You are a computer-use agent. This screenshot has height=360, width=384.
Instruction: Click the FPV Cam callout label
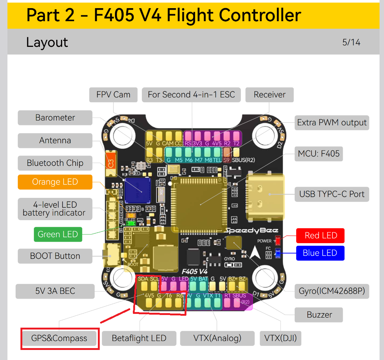pyautogui.click(x=113, y=94)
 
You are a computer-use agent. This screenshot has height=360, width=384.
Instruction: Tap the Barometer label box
pyautogui.click(x=55, y=118)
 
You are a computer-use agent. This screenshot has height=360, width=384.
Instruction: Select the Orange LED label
pyautogui.click(x=55, y=182)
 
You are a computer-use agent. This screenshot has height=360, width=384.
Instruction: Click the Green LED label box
pyautogui.click(x=58, y=234)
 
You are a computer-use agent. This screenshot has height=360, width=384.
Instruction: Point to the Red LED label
pyautogui.click(x=320, y=235)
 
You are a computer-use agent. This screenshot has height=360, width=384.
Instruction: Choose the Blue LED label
pyautogui.click(x=320, y=253)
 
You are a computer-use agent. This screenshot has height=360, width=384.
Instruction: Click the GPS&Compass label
pyautogui.click(x=60, y=338)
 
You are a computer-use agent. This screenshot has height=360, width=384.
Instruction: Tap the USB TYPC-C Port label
pyautogui.click(x=332, y=194)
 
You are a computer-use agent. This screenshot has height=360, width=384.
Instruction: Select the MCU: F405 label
pyautogui.click(x=319, y=153)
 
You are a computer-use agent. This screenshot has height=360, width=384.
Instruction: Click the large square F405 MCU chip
pyautogui.click(x=200, y=204)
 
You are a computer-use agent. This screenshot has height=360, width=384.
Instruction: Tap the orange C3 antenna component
pyautogui.click(x=110, y=163)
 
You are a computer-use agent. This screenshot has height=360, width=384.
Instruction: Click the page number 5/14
pyautogui.click(x=351, y=42)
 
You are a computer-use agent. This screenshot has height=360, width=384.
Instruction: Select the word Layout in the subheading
pyautogui.click(x=47, y=42)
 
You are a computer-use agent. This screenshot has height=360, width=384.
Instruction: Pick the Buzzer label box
pyautogui.click(x=319, y=315)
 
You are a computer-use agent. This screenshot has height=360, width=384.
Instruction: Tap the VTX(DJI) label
pyautogui.click(x=280, y=338)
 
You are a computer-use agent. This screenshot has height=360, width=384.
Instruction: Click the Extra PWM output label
pyautogui.click(x=332, y=122)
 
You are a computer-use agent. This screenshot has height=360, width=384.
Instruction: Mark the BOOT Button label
pyautogui.click(x=55, y=256)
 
